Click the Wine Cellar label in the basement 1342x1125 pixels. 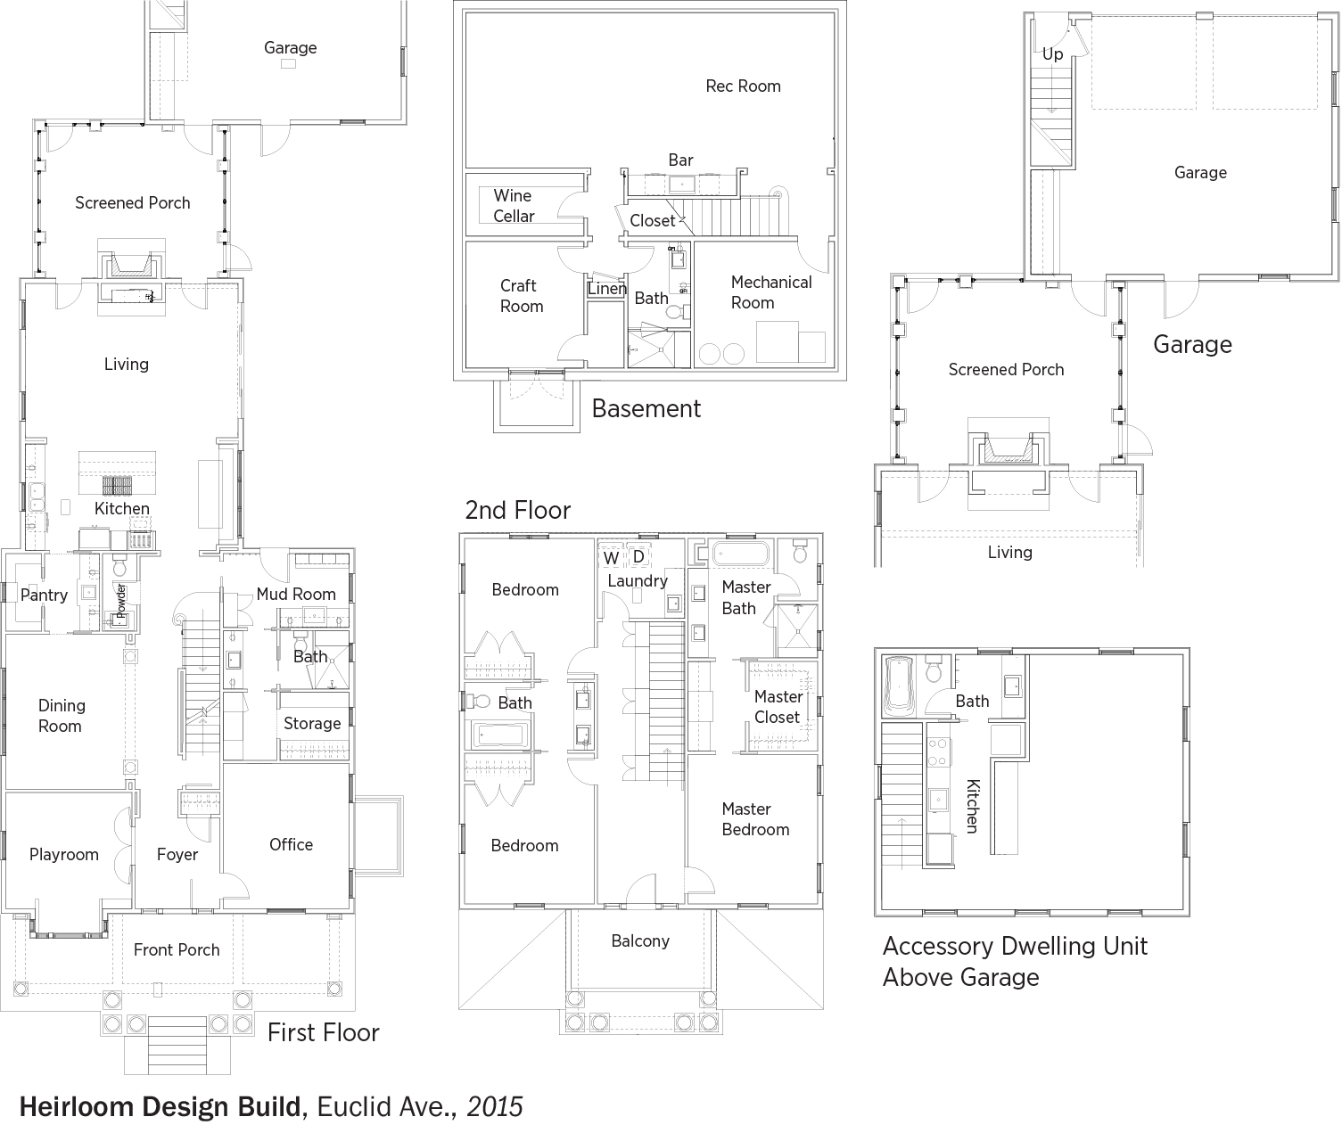[x=514, y=206]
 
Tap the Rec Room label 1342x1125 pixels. [x=743, y=86]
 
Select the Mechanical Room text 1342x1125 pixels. [x=771, y=292]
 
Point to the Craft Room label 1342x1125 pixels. [x=522, y=296]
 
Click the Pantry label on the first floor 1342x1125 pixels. [x=44, y=595]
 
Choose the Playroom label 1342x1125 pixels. [x=63, y=855]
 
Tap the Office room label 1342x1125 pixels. [x=292, y=844]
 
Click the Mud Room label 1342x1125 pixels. [x=296, y=594]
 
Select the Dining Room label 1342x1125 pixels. [x=61, y=716]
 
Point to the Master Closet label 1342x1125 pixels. [x=778, y=707]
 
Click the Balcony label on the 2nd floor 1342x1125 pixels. [x=640, y=941]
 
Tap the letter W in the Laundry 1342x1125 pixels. [x=611, y=558]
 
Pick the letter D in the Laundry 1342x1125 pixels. [x=638, y=556]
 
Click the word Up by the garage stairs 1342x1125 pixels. [x=1052, y=54]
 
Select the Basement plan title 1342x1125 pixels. [x=646, y=408]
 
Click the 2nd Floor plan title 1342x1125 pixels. [x=517, y=510]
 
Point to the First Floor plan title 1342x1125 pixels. [x=324, y=1032]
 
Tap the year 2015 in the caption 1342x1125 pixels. [x=495, y=1106]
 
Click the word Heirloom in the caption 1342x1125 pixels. [x=77, y=1106]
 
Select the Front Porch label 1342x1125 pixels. [x=177, y=949]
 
